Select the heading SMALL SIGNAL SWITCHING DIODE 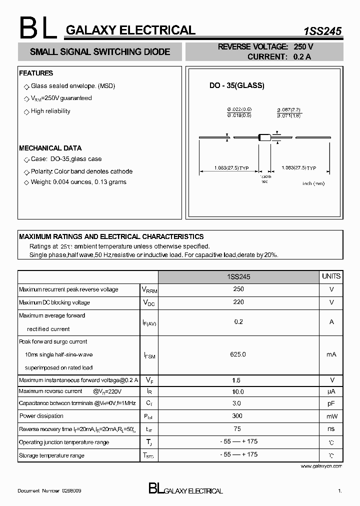tap(100, 52)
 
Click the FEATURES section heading tap(36, 73)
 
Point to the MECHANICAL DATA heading tap(50, 148)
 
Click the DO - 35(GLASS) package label tap(236, 85)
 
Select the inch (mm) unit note tap(313, 183)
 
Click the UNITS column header tap(331, 276)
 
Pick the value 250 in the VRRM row tap(238, 289)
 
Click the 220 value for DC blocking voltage tap(238, 302)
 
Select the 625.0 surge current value tap(238, 354)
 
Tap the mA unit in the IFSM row tap(331, 354)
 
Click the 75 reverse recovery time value tap(237, 429)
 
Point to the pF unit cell tap(331, 403)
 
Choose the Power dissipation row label tap(41, 416)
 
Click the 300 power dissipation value tap(237, 416)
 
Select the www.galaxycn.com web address tap(321, 466)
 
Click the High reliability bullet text tap(50, 111)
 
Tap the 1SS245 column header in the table tap(238, 276)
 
